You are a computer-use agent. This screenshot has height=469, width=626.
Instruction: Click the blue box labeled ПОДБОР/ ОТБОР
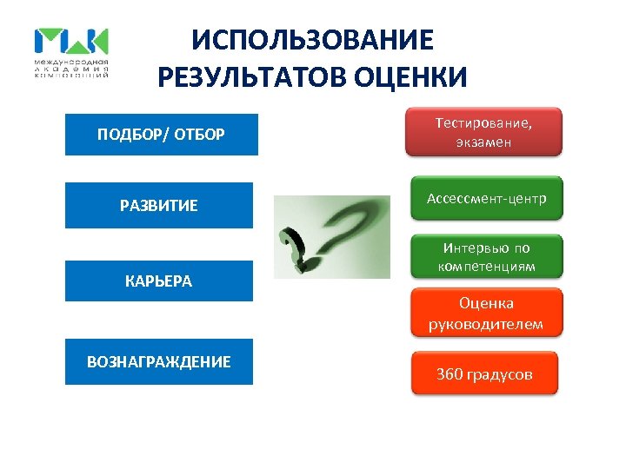point(161,135)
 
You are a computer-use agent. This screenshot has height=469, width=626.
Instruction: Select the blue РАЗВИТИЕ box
point(159,206)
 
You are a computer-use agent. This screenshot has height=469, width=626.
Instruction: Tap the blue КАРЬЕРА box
point(159,281)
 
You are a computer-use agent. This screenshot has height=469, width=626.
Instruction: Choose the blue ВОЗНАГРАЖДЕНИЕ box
point(159,361)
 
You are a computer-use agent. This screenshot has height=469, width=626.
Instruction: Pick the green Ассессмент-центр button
point(486,199)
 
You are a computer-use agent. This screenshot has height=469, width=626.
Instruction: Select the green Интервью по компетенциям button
point(486,257)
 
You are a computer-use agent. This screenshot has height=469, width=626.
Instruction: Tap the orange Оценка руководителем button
point(486,314)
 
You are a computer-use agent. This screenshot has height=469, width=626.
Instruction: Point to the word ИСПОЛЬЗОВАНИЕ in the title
point(312,40)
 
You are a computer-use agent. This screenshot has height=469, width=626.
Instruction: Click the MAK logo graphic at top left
point(71,42)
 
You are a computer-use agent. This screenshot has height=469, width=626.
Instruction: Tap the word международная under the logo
point(71,63)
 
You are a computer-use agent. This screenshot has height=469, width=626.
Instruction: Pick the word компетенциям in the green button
point(486,266)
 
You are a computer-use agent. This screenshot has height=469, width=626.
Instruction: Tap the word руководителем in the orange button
point(486,324)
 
